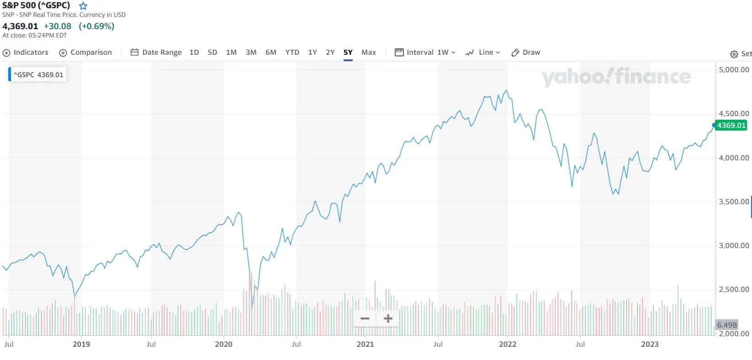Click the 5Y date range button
click(348, 53)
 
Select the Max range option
click(368, 53)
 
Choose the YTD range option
click(292, 53)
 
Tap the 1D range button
click(194, 53)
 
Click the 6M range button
click(271, 53)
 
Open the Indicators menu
click(26, 53)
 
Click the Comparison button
click(86, 53)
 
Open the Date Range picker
click(156, 53)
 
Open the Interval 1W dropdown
click(425, 53)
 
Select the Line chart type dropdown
click(483, 53)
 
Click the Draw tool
click(526, 53)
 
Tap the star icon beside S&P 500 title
click(83, 6)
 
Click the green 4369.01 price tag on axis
click(731, 126)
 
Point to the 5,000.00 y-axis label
click(734, 70)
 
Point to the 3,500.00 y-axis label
click(734, 202)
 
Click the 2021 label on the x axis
click(365, 344)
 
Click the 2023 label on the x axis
click(650, 344)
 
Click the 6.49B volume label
click(727, 325)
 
